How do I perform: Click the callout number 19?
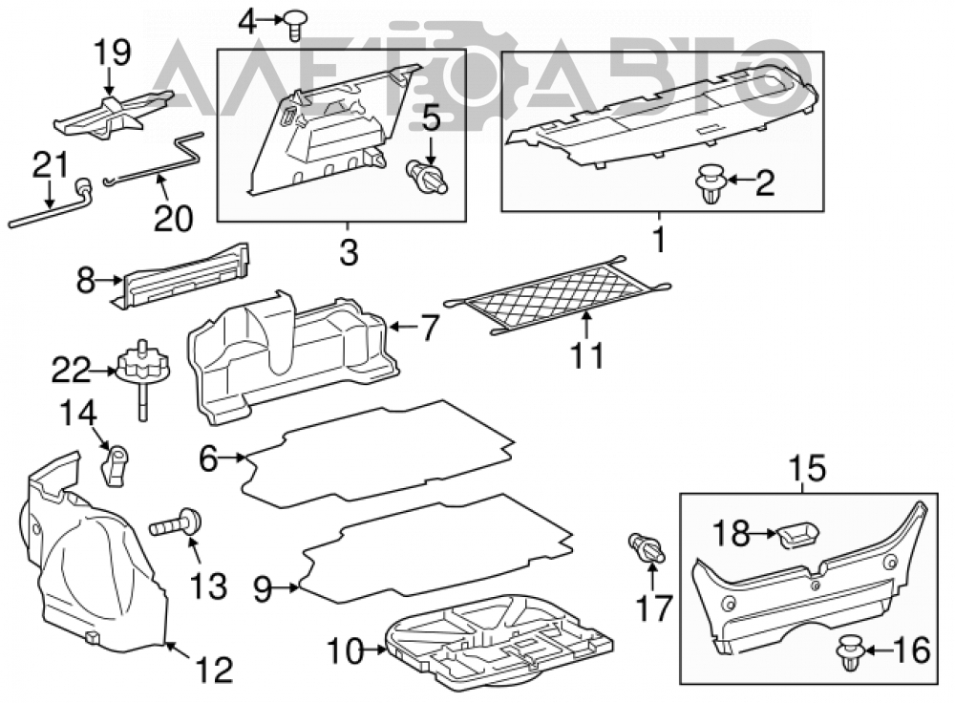pos(112,52)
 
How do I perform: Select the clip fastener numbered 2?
pos(711,183)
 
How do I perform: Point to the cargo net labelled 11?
pos(559,294)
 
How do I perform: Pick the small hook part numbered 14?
pos(115,465)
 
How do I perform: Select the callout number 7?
pos(429,328)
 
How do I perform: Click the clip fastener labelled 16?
pos(850,652)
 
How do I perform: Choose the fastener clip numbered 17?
pos(647,547)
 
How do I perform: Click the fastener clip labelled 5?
pos(426,177)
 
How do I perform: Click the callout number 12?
pos(214,671)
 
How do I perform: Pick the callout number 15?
pos(808,468)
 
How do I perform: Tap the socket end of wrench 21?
pos(83,186)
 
